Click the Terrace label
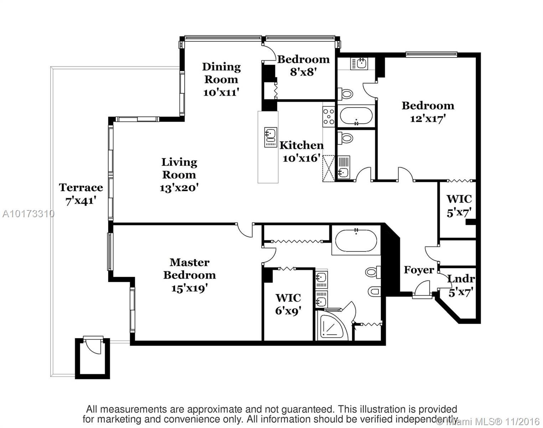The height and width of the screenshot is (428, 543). [x=81, y=188]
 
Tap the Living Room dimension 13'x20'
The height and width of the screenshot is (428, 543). [x=179, y=188]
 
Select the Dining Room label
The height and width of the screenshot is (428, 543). [x=221, y=73]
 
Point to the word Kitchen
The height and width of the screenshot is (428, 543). [x=301, y=145]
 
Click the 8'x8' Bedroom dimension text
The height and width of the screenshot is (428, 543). [x=303, y=72]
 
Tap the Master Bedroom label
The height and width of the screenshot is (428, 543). [x=189, y=269]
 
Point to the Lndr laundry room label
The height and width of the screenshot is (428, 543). [x=461, y=279]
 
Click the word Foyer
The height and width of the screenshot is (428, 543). [x=419, y=270]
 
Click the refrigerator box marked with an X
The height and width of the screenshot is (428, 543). [x=329, y=168]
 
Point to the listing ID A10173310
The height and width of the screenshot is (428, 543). [x=28, y=214]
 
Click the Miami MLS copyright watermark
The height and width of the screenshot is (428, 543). [x=488, y=422]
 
